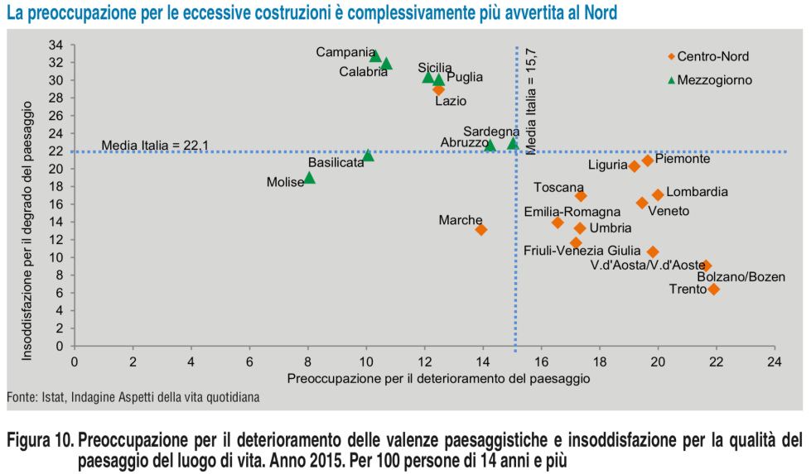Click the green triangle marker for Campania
pos(375,56)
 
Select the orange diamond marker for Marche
pos(481,229)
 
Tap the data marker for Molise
pos(309,178)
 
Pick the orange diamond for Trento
pos(714,290)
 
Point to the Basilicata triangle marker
pos(368,156)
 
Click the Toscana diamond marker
pos(581,196)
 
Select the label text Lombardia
pos(697,192)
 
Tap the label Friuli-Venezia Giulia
pos(582,250)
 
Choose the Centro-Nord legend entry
pos(712,57)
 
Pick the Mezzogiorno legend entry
pos(714,80)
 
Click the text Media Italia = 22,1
pos(154,146)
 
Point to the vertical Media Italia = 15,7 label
pos(532,100)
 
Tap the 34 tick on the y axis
pos(57,45)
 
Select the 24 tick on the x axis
pos(775,361)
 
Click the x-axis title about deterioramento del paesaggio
pos(438,378)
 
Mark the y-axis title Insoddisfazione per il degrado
pos(27,231)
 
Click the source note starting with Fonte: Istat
pos(133,397)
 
